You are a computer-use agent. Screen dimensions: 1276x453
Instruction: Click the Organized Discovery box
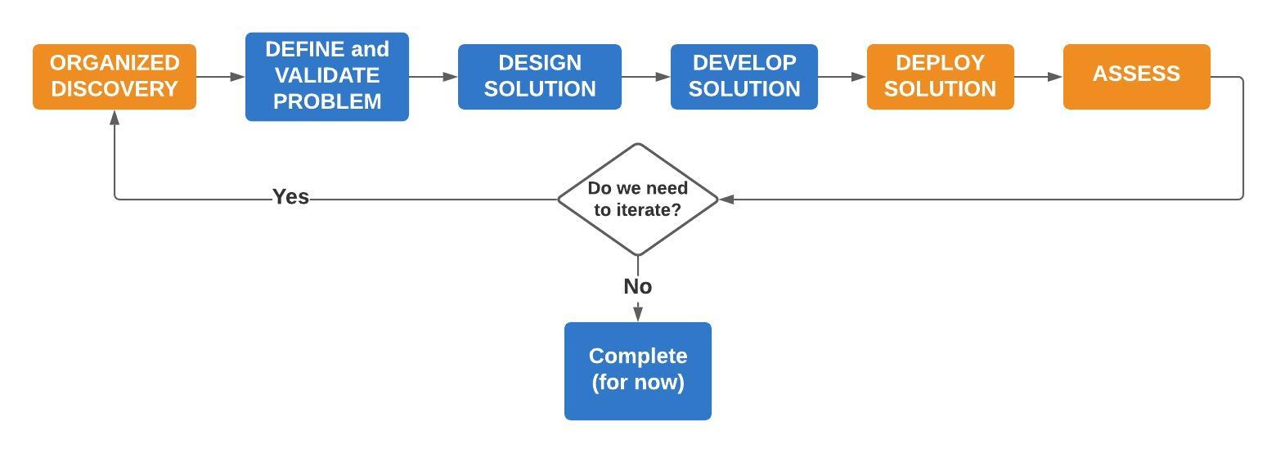[115, 76]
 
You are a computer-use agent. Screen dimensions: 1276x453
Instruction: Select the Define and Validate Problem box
[327, 76]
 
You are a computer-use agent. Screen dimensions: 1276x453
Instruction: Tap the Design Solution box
[540, 76]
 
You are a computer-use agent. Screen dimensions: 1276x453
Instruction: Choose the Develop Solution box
[744, 76]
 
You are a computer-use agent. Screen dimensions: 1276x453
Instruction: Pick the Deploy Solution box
[941, 76]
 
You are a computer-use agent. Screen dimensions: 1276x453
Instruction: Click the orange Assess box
[1136, 76]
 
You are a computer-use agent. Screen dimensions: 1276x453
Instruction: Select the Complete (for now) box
[638, 371]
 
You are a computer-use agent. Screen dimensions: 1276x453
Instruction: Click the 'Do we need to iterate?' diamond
[638, 200]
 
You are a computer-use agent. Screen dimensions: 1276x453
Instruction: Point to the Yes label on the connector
[290, 196]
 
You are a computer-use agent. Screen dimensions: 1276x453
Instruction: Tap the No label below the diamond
[638, 286]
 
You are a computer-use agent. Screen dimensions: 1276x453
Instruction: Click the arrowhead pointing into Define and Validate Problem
[238, 76]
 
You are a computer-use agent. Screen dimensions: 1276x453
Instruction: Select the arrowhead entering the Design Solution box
[451, 76]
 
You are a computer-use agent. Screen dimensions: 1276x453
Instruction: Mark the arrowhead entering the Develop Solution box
[663, 76]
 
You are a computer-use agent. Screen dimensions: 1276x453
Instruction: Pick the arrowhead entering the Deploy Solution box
[860, 76]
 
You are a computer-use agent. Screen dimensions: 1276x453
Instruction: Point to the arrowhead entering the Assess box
[1055, 76]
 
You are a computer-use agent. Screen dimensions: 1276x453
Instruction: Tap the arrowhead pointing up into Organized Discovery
[115, 118]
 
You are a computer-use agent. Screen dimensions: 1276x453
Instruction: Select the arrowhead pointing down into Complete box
[638, 314]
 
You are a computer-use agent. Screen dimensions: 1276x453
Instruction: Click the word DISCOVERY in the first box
[115, 89]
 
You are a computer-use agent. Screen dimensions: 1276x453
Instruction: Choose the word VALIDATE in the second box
[327, 75]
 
